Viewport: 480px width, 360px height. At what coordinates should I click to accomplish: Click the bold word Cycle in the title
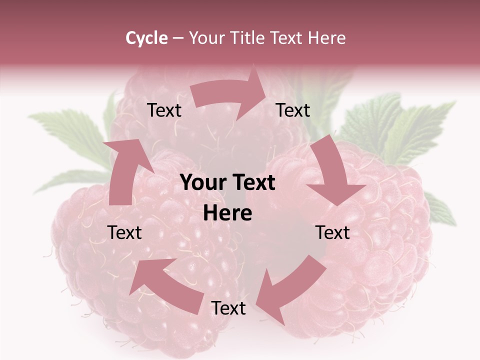tap(146, 38)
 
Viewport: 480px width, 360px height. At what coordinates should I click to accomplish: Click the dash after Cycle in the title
tap(178, 38)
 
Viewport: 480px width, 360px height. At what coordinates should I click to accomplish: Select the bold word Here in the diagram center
tap(227, 213)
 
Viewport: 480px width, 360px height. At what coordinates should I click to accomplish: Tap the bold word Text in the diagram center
tap(252, 182)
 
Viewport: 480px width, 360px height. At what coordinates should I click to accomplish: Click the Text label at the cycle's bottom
tap(228, 308)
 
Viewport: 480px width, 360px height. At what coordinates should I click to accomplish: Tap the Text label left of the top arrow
tap(164, 110)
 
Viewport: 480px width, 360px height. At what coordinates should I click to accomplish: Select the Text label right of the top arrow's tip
tap(293, 110)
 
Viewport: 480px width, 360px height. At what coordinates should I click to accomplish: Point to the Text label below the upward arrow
tap(124, 232)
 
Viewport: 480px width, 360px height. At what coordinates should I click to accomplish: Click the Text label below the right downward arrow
tap(333, 232)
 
